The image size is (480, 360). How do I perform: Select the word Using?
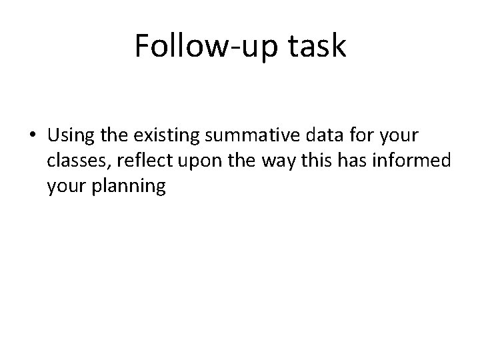point(70,137)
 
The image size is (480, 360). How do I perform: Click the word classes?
point(73,162)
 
